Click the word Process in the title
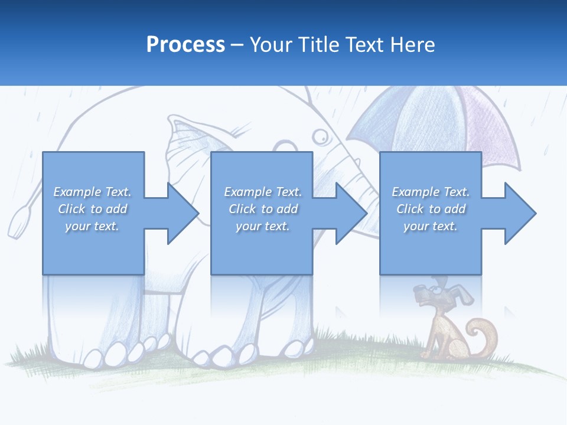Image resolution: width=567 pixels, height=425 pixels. point(185,45)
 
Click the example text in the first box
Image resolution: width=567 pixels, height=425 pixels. point(93,209)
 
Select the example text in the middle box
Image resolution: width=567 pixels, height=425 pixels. point(263,209)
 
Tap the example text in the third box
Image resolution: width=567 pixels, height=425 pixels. point(431,209)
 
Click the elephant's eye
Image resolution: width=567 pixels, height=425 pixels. point(320,137)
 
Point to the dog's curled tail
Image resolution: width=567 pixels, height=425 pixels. point(485,336)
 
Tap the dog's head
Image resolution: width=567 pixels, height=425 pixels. point(435,293)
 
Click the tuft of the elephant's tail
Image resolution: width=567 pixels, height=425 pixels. point(18,219)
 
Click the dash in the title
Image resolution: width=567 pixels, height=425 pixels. point(237,45)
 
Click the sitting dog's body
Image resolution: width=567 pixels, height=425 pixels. point(440,334)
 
